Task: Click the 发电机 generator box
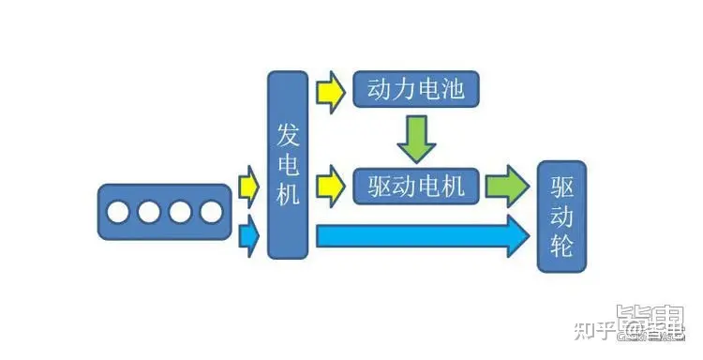288,164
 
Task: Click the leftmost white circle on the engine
118,212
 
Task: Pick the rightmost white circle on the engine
210,212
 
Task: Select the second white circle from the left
149,212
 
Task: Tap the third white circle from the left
180,212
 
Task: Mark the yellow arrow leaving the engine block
247,186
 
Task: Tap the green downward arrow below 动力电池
415,138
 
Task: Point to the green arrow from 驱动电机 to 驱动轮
506,186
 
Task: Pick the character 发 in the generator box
288,136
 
